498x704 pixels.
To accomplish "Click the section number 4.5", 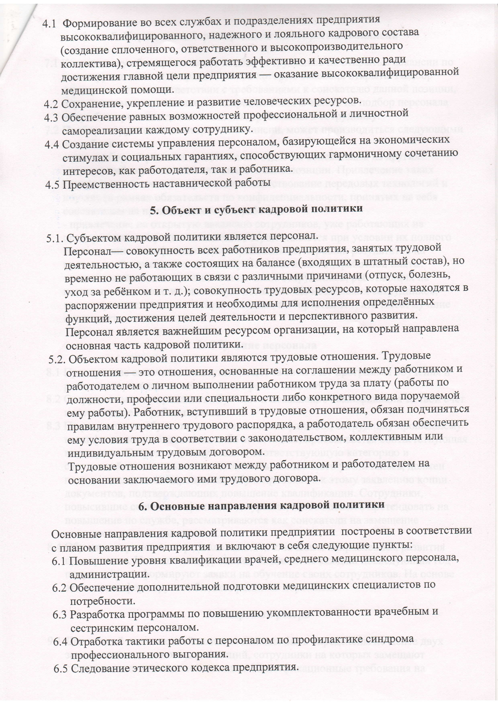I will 53,185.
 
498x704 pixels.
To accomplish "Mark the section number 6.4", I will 61,642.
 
